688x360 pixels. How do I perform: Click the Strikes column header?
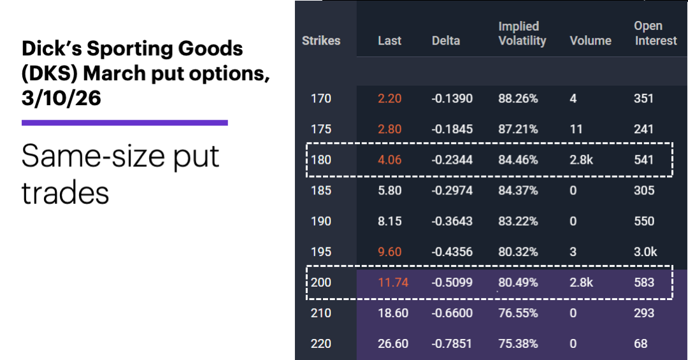(321, 41)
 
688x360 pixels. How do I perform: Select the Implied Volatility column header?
(522, 34)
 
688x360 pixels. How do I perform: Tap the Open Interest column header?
(655, 34)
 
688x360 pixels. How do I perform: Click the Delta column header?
(446, 41)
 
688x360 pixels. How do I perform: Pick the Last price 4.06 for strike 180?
(389, 160)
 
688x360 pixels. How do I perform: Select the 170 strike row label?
(320, 99)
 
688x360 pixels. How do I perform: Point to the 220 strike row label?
(320, 343)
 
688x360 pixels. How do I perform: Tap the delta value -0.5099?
(452, 282)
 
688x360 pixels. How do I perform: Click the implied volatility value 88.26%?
(518, 99)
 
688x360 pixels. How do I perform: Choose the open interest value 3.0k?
(645, 252)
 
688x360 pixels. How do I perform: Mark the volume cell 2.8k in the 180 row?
(581, 160)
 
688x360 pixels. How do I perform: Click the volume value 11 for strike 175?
(577, 129)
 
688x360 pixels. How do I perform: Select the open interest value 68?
(641, 343)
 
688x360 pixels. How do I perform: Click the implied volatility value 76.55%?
(518, 313)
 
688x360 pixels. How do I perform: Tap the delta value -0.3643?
(452, 221)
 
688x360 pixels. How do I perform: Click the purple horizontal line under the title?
(124, 122)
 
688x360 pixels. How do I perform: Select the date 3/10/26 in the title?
(61, 98)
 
